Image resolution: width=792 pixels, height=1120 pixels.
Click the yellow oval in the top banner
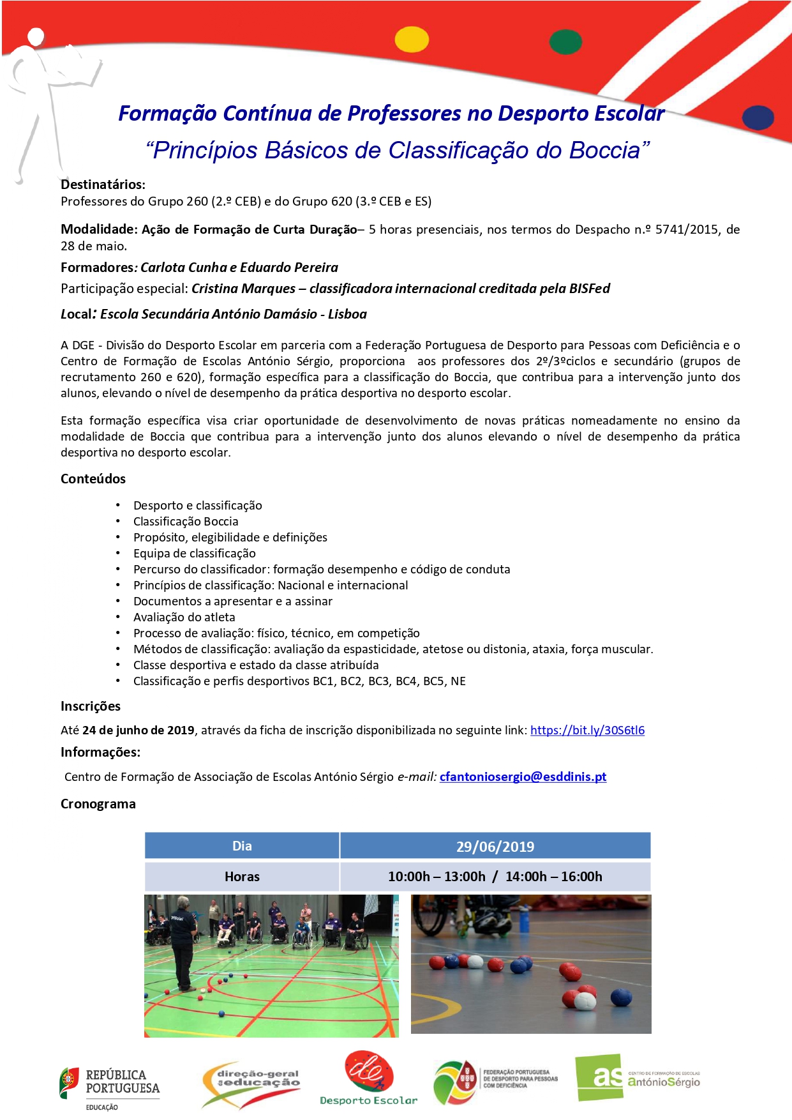(x=412, y=40)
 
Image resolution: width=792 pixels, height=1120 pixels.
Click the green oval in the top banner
(x=565, y=42)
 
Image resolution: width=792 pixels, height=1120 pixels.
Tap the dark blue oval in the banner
(x=758, y=117)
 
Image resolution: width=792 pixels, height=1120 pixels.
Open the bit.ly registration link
(x=587, y=730)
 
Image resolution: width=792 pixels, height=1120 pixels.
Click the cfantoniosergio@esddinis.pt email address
(x=523, y=776)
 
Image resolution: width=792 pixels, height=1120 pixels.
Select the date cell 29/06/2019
(x=495, y=846)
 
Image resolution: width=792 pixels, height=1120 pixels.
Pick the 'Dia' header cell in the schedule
(x=242, y=846)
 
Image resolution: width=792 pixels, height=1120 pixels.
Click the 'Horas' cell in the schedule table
(x=242, y=877)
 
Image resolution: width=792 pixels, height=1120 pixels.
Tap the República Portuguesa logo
(x=110, y=1087)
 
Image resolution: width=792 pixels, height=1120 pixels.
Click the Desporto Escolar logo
(x=368, y=1078)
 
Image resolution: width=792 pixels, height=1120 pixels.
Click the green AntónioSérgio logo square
(x=599, y=1077)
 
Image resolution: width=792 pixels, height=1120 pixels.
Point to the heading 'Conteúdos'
(x=93, y=479)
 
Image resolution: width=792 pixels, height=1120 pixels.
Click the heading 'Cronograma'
(x=98, y=804)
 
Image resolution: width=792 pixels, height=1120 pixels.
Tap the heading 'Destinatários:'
(x=103, y=185)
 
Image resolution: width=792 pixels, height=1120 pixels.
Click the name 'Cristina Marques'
(x=243, y=289)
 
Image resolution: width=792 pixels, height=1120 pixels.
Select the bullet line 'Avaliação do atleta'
(x=184, y=617)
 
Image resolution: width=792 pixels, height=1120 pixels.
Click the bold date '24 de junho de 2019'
(x=138, y=730)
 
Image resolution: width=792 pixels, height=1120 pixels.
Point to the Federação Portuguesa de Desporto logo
(x=495, y=1080)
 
